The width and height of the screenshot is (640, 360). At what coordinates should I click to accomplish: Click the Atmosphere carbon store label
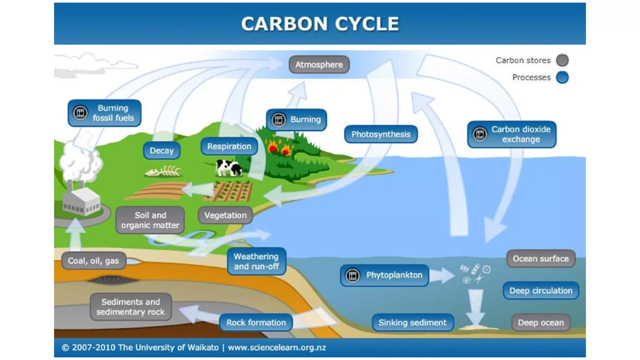tap(319, 65)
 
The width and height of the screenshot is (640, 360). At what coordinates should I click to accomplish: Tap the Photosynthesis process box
tap(381, 134)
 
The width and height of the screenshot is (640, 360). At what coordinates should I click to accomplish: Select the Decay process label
tap(162, 151)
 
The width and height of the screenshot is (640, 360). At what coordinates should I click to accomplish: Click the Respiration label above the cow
tap(229, 146)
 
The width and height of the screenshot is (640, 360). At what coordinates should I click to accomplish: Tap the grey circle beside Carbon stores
tap(562, 60)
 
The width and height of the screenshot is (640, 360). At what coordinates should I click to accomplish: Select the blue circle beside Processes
tap(562, 77)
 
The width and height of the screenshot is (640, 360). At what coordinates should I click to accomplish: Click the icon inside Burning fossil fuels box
tap(80, 112)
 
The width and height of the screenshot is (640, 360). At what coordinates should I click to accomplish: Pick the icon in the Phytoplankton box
tap(352, 275)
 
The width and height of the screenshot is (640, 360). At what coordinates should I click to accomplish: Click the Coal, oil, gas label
tap(93, 261)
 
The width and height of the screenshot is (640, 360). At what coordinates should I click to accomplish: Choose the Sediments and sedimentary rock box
tap(131, 307)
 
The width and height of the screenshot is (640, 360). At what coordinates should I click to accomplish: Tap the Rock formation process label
tap(256, 322)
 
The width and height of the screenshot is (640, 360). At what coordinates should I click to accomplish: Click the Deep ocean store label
tap(541, 322)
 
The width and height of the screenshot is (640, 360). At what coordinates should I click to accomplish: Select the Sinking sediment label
tap(412, 322)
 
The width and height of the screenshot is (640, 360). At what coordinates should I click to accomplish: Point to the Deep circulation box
tap(541, 291)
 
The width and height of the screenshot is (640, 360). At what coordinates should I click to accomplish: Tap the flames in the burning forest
tap(279, 147)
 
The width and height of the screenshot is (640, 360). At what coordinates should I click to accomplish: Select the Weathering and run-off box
tap(256, 261)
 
